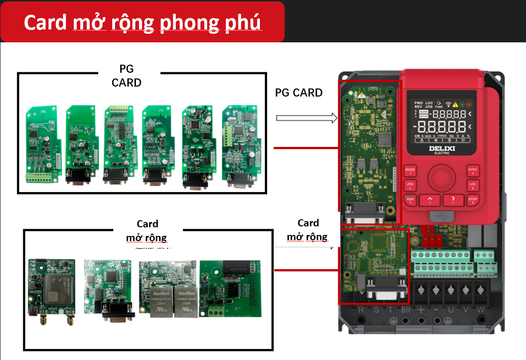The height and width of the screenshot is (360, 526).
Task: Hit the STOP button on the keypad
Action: [472, 200]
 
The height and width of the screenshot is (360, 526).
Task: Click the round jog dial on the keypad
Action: [441, 178]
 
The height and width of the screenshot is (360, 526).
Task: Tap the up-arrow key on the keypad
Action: [430, 200]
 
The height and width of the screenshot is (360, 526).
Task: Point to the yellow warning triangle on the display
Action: [455, 104]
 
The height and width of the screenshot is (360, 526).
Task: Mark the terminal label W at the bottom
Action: [480, 310]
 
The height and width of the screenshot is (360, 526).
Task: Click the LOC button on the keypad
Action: [472, 185]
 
